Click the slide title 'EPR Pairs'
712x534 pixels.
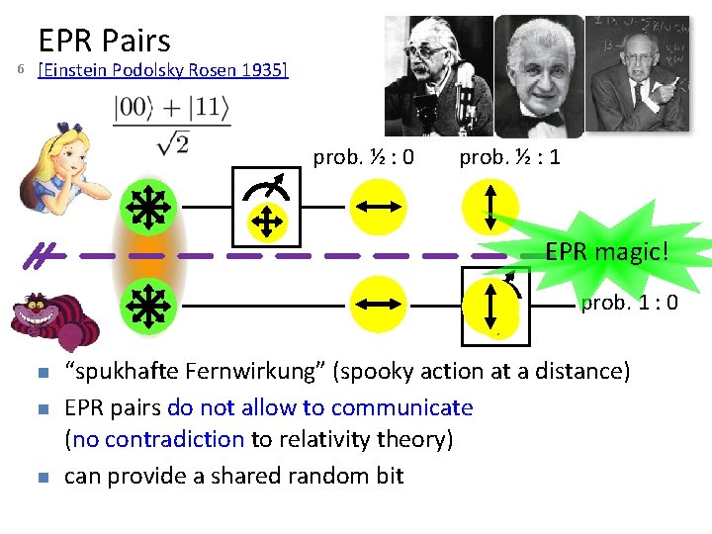pyautogui.click(x=104, y=41)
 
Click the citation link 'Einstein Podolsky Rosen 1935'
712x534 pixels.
pyautogui.click(x=162, y=70)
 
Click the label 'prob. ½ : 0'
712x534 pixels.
pyautogui.click(x=363, y=157)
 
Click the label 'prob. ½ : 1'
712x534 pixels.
pyautogui.click(x=509, y=157)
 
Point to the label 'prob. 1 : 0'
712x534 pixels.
pyautogui.click(x=629, y=303)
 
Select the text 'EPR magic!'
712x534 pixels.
pyautogui.click(x=606, y=252)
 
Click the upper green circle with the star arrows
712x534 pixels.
pyautogui.click(x=147, y=208)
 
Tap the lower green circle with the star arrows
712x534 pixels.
pyautogui.click(x=147, y=307)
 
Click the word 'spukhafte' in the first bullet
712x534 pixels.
pyautogui.click(x=118, y=372)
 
